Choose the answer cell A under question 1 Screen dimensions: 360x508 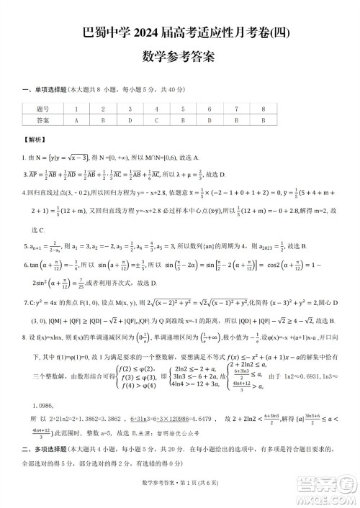[x=76, y=120]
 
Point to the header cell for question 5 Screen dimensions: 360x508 [x=182, y=109]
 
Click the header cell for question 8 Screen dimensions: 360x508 [x=264, y=109]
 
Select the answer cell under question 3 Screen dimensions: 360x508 [x=130, y=120]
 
